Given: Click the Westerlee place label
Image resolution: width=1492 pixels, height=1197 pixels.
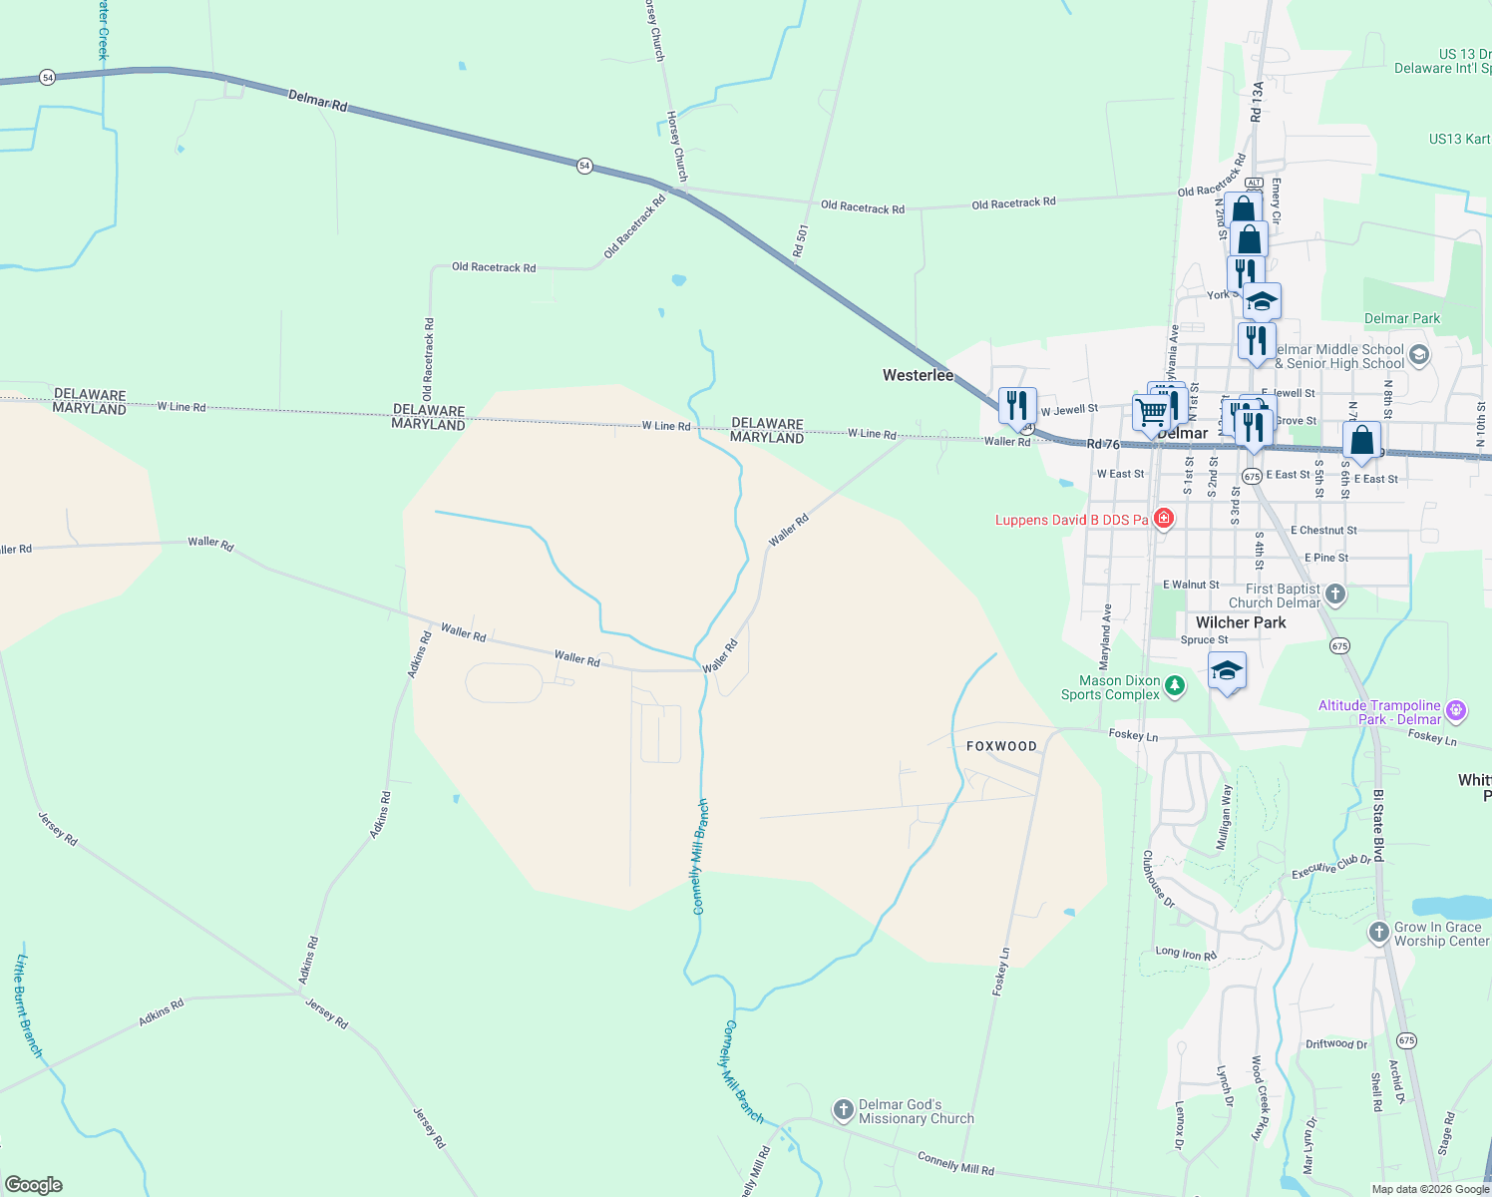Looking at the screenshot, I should pyautogui.click(x=918, y=375).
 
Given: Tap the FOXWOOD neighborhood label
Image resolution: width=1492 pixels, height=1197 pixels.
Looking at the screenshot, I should pyautogui.click(x=1001, y=746).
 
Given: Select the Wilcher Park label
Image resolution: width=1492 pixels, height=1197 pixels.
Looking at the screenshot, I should pyautogui.click(x=1241, y=622).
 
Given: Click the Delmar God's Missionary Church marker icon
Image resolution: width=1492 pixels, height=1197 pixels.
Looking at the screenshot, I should pyautogui.click(x=843, y=1109).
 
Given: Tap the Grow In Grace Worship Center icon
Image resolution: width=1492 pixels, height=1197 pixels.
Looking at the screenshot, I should pyautogui.click(x=1378, y=933).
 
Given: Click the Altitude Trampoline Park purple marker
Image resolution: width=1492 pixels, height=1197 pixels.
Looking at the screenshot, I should pyautogui.click(x=1456, y=710).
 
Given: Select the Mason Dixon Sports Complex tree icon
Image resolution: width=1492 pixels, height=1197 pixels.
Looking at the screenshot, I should pyautogui.click(x=1175, y=686).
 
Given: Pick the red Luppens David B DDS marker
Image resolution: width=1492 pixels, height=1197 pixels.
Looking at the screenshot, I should pyautogui.click(x=1163, y=519).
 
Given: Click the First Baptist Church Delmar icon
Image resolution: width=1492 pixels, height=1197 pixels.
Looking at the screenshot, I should pyautogui.click(x=1335, y=596).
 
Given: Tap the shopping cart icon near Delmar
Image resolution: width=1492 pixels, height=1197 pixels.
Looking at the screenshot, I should pyautogui.click(x=1151, y=412).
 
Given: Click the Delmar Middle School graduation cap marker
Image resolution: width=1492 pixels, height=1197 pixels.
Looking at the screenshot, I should pyautogui.click(x=1419, y=355).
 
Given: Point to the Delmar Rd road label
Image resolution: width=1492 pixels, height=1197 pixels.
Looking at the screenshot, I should pyautogui.click(x=317, y=101).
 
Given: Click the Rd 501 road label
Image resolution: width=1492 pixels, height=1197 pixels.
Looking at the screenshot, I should pyautogui.click(x=800, y=241).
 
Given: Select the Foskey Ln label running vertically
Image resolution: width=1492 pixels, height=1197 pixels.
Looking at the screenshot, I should pyautogui.click(x=1000, y=972).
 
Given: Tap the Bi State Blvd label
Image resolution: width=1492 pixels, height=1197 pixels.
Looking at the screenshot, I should pyautogui.click(x=1378, y=826).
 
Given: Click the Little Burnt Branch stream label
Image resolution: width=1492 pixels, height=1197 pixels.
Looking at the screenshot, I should pyautogui.click(x=29, y=1005).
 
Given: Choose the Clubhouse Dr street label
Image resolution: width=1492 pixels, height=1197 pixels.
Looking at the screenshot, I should pyautogui.click(x=1158, y=879).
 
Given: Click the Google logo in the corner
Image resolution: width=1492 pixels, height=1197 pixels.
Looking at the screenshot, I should pyautogui.click(x=34, y=1185).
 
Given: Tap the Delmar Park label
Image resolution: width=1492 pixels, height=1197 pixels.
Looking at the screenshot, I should pyautogui.click(x=1402, y=319).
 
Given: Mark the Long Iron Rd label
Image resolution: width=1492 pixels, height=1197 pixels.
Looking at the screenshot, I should pyautogui.click(x=1186, y=954).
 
